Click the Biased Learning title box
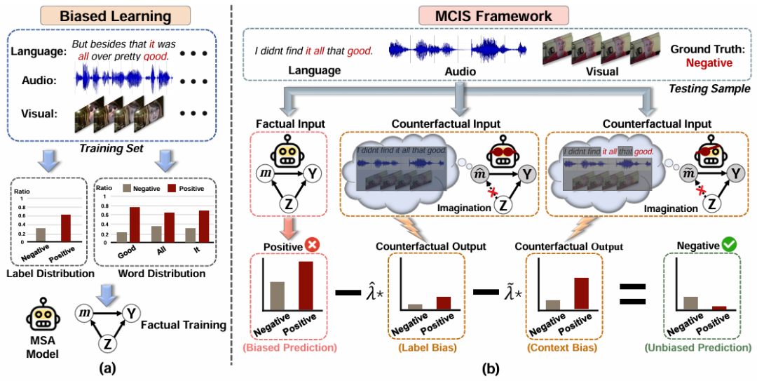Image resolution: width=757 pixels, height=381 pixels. pos(115,15)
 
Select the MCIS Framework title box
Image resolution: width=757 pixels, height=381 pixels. pos(493,15)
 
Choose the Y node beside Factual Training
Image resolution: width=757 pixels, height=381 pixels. pos(131,313)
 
